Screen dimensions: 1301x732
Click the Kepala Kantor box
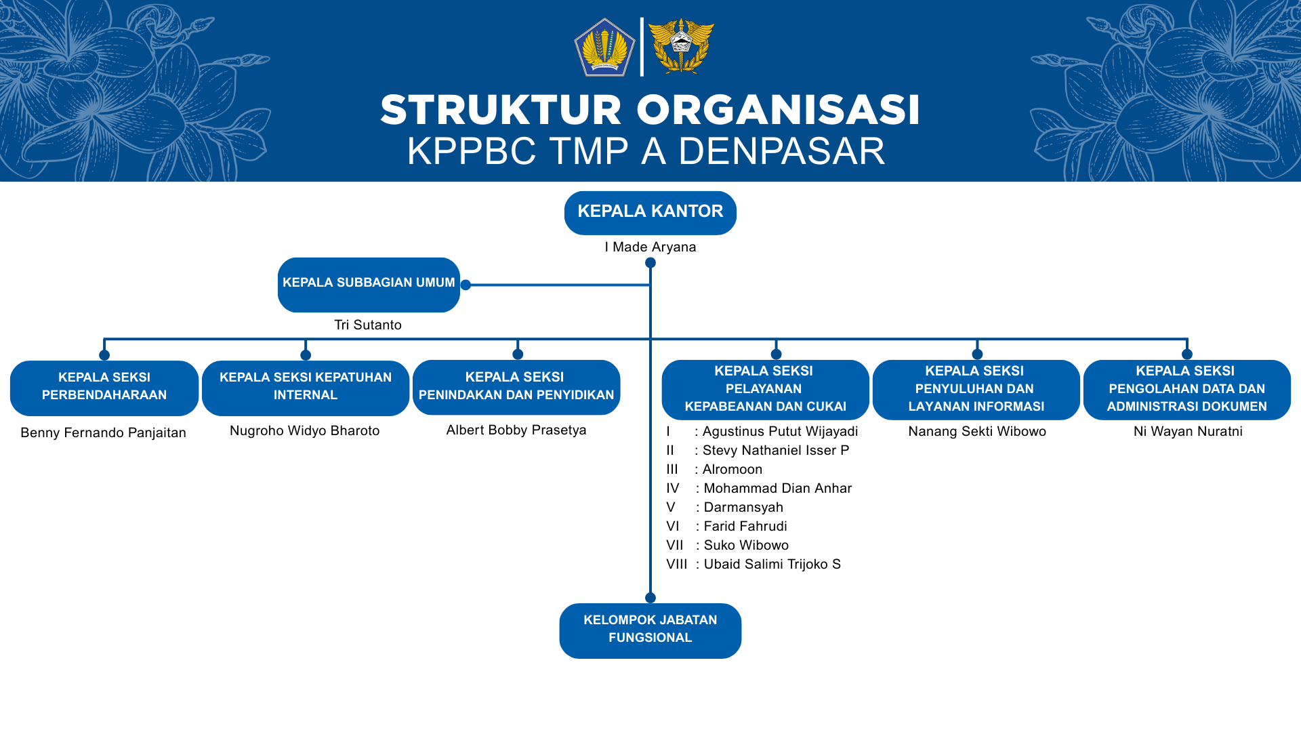(x=650, y=213)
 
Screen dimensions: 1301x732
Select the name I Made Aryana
(x=650, y=247)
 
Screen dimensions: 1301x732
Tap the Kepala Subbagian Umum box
(x=369, y=285)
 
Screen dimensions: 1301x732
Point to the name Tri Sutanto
(x=368, y=325)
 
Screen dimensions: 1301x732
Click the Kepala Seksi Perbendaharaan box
(x=104, y=388)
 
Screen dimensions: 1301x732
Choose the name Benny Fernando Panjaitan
(x=103, y=432)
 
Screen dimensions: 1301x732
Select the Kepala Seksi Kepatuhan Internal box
(x=306, y=388)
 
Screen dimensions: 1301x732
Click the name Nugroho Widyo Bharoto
(x=305, y=431)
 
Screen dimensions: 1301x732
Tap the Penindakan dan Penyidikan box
(x=516, y=387)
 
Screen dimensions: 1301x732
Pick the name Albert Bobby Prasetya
(x=516, y=430)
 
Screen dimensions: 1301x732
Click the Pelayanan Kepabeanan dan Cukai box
(x=766, y=390)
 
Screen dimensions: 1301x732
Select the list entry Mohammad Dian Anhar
(x=778, y=489)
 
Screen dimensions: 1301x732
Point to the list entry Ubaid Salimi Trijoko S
(x=772, y=565)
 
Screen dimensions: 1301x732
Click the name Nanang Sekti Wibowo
(x=977, y=432)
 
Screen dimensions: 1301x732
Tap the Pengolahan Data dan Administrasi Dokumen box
(x=1187, y=390)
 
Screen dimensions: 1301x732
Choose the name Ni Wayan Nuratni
(x=1188, y=432)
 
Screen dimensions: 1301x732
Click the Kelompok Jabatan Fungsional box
(x=650, y=630)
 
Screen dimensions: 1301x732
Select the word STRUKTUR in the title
(x=501, y=110)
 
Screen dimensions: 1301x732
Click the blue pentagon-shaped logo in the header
(x=604, y=47)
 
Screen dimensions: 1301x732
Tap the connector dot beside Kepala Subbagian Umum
(x=466, y=285)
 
